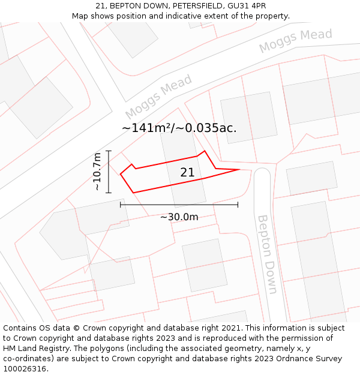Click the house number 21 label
tap(187, 173)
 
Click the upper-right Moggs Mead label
tap(295, 40)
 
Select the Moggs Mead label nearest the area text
tap(158, 97)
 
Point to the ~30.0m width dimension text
tap(179, 217)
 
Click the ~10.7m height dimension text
tap(97, 172)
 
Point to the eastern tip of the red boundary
tap(240, 170)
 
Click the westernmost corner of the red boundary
tap(121, 174)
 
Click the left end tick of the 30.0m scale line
tap(121, 205)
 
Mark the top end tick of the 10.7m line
tap(109, 151)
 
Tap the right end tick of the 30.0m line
tap(238, 205)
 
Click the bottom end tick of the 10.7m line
tap(109, 193)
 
